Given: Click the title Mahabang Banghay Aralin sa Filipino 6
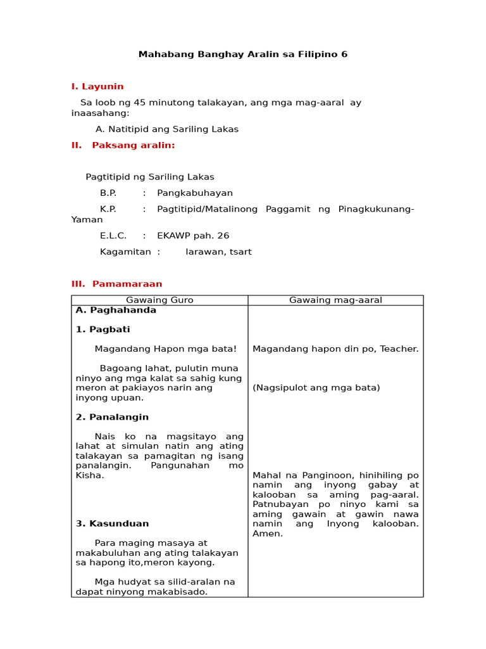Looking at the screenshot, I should point(243,55).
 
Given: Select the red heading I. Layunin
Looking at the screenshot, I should point(97,86).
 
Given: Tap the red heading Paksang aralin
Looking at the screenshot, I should point(133,145).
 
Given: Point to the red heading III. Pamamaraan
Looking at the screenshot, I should point(116,284).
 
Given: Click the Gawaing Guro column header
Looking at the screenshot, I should point(159,300).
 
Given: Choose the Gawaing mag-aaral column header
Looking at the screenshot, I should point(335,300).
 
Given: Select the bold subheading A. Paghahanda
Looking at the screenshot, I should point(116,310).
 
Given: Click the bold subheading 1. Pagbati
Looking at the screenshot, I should point(103,330).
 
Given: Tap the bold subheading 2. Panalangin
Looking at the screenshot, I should point(112,417).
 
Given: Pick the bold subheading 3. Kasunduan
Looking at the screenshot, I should point(112,524).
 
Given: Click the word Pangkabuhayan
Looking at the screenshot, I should point(195,193).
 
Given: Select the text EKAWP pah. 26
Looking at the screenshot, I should point(193,235).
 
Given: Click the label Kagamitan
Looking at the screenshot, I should point(125,252).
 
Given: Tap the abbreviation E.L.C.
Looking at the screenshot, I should point(113,235).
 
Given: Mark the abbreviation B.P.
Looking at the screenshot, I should point(108,193).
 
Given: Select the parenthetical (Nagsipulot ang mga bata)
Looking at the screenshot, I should point(316,388).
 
